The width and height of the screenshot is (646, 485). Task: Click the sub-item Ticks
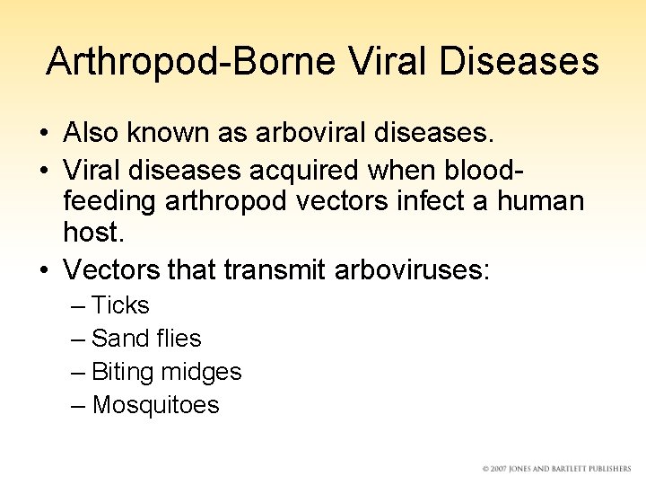click(x=120, y=305)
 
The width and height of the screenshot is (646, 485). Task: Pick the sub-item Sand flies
click(x=146, y=339)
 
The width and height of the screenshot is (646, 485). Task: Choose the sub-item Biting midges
click(x=166, y=372)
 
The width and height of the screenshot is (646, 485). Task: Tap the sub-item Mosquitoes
click(x=155, y=405)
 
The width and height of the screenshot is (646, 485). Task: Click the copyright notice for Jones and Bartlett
click(x=556, y=469)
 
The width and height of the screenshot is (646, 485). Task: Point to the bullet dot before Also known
click(x=43, y=134)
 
